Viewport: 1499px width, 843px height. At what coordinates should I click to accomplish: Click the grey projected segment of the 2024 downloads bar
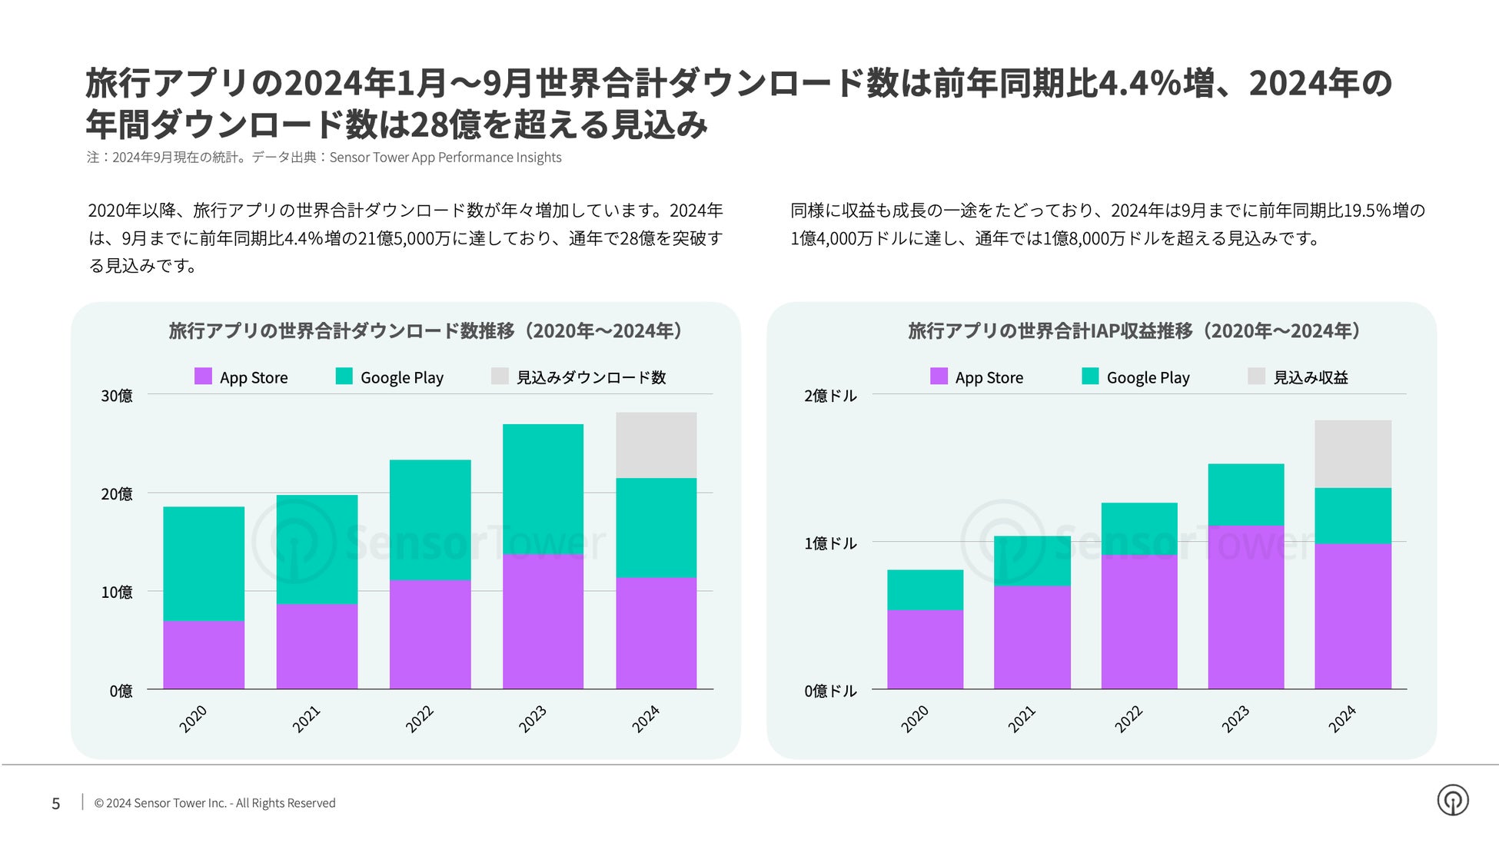click(x=656, y=445)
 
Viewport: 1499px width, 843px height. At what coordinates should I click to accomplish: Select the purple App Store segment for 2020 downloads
click(x=204, y=654)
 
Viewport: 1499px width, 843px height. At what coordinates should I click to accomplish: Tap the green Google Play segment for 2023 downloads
click(x=543, y=489)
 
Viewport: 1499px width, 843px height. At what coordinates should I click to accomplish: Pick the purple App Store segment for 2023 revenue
click(x=1245, y=606)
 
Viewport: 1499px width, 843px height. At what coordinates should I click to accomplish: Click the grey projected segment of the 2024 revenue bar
click(x=1352, y=453)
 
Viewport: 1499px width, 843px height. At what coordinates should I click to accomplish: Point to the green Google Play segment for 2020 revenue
click(x=925, y=589)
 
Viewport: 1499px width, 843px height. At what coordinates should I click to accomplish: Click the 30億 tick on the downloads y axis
click(x=117, y=396)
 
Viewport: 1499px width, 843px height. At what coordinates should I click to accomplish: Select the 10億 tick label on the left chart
click(x=117, y=592)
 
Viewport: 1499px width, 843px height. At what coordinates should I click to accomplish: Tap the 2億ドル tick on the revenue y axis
click(x=830, y=396)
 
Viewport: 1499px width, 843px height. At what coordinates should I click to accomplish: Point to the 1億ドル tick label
click(x=830, y=543)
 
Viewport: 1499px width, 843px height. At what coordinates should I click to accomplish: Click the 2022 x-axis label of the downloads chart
click(x=420, y=719)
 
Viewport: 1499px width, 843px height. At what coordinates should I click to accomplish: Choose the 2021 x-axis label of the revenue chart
click(x=1022, y=719)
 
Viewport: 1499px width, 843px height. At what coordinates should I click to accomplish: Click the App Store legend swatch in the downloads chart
click(x=203, y=377)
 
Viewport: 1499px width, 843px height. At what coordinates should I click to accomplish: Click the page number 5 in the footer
click(x=55, y=804)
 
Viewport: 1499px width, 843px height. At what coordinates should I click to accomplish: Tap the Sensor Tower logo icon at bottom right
click(x=1452, y=800)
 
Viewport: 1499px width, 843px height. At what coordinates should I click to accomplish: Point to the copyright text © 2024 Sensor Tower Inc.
click(x=214, y=803)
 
